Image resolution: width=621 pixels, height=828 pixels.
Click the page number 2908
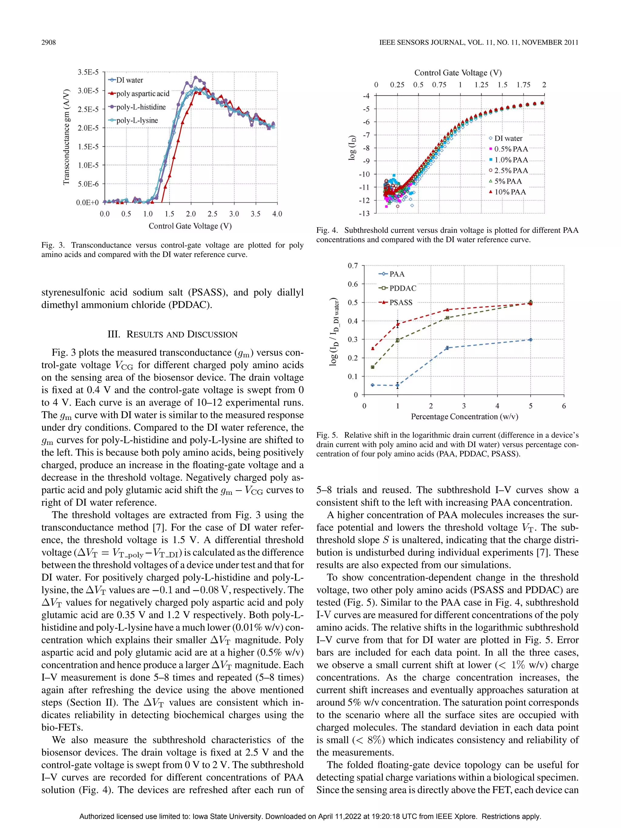[48, 42]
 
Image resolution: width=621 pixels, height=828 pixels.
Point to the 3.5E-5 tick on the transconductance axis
[88, 72]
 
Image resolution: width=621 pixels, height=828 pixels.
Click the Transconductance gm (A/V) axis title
[66, 137]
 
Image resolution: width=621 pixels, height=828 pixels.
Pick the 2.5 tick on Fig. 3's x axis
[212, 214]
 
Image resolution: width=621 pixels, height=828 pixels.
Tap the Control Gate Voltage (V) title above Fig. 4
[458, 73]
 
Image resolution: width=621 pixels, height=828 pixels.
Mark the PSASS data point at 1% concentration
[398, 324]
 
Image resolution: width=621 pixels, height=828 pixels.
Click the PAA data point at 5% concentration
[530, 340]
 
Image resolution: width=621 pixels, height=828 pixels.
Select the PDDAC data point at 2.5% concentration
[447, 318]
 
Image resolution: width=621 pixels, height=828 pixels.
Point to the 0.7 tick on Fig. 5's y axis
[353, 266]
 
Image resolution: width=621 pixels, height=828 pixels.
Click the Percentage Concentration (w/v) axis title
[465, 417]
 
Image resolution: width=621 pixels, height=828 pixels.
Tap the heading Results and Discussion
[172, 334]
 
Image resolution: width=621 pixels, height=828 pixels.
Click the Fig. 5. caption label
[327, 435]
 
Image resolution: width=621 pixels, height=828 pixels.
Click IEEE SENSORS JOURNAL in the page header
[421, 42]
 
